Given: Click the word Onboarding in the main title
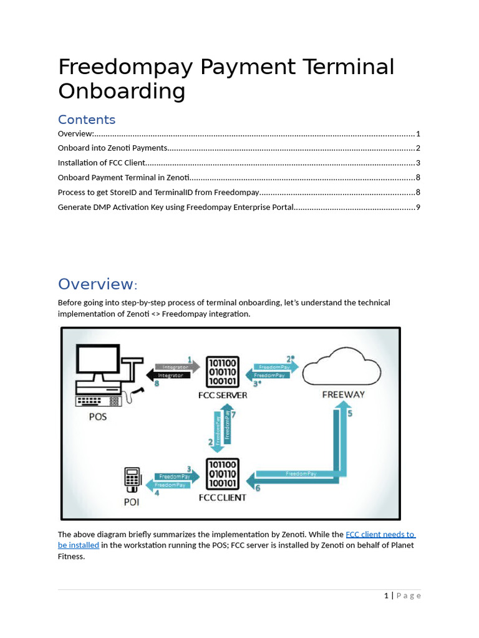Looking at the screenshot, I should pos(122,91).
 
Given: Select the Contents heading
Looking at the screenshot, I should pos(87,120).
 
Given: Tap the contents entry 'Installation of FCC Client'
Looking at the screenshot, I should pos(101,163).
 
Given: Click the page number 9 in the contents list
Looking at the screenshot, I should pos(418,207).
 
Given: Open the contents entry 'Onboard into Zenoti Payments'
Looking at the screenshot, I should pos(112,148).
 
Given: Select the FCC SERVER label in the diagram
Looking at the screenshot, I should pos(223,395).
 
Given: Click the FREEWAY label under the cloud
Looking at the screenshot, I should pos(343,394).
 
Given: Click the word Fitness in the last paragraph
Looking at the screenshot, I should pos(71,556).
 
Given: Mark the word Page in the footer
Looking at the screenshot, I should pos(409,596).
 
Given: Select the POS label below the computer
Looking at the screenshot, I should pos(97,416).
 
